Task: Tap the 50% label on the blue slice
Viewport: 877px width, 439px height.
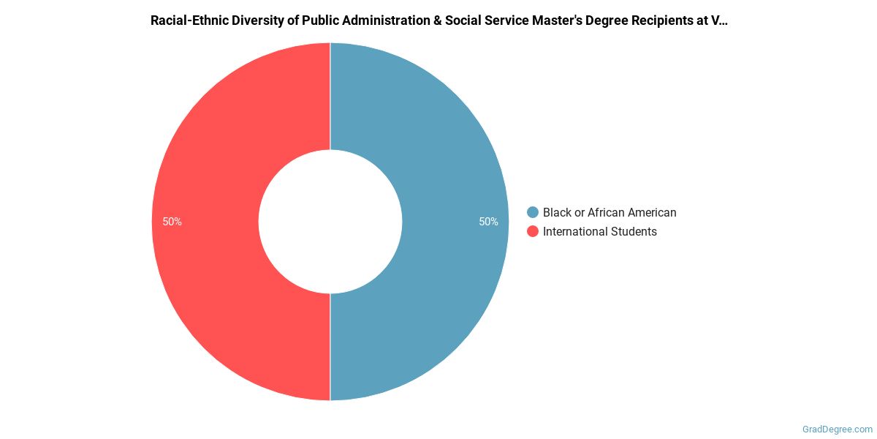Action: tap(488, 222)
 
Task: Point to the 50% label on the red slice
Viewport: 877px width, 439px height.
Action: tap(172, 222)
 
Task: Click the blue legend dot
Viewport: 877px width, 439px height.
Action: tap(533, 212)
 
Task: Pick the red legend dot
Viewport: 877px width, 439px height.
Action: tap(533, 231)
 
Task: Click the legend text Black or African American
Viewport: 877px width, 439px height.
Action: tap(610, 212)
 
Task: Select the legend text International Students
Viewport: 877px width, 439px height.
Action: tap(599, 231)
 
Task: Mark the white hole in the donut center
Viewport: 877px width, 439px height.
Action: tap(330, 222)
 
